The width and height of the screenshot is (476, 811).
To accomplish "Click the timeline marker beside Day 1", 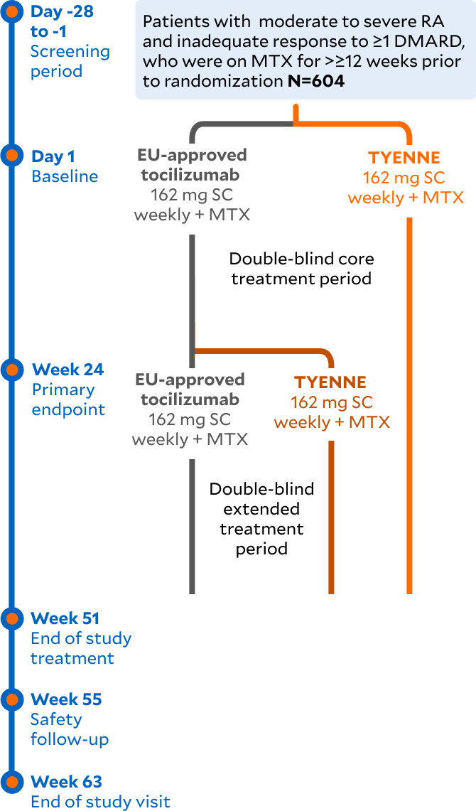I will click(11, 155).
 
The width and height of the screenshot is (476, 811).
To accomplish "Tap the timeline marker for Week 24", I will click(11, 369).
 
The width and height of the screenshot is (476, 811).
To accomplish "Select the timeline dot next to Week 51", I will click(11, 618).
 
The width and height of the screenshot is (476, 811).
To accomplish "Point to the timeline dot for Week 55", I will click(11, 699).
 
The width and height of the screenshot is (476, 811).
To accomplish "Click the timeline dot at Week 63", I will click(11, 781).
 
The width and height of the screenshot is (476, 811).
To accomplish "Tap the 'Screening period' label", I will click(70, 61).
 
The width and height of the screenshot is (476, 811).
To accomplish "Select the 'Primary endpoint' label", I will click(68, 399).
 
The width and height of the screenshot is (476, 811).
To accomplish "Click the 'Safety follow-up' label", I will click(70, 729).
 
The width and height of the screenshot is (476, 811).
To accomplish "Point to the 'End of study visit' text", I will click(100, 802).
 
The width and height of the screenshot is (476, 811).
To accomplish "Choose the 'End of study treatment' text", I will click(80, 648).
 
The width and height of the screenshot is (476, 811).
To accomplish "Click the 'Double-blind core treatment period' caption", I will click(301, 268).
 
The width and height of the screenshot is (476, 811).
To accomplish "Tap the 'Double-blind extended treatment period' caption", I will click(261, 519).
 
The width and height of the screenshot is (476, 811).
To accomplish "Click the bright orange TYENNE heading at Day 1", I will click(405, 159).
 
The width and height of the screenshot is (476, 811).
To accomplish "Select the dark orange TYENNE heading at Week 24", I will click(331, 382).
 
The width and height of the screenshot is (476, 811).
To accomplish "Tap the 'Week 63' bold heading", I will click(67, 782).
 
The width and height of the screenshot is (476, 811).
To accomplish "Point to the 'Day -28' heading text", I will click(62, 12).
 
